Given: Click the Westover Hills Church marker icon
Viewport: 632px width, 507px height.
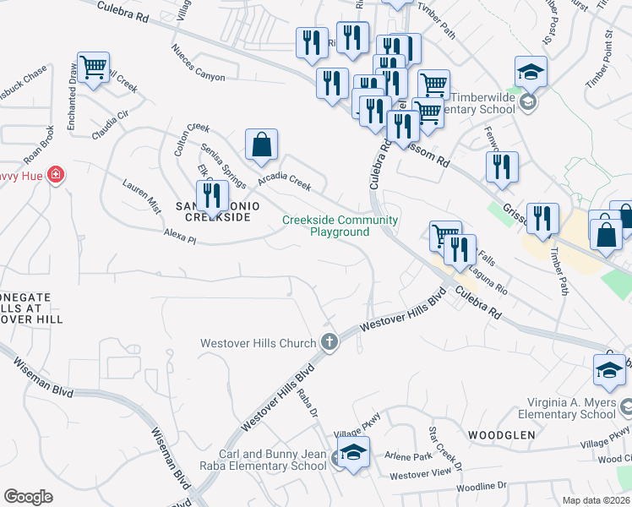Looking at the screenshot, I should click(330, 342).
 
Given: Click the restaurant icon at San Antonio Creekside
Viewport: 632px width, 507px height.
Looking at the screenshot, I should click(211, 196).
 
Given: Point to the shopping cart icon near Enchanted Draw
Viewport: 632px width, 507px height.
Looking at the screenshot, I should click(93, 67).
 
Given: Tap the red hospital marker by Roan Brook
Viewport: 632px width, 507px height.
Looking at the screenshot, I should click(56, 175).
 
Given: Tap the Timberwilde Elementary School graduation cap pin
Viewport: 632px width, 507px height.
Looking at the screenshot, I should click(531, 73).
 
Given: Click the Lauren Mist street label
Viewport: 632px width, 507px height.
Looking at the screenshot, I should click(141, 193).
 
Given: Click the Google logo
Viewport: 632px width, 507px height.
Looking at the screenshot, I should click(28, 497).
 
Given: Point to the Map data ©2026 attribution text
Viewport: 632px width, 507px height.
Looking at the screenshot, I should click(596, 500).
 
